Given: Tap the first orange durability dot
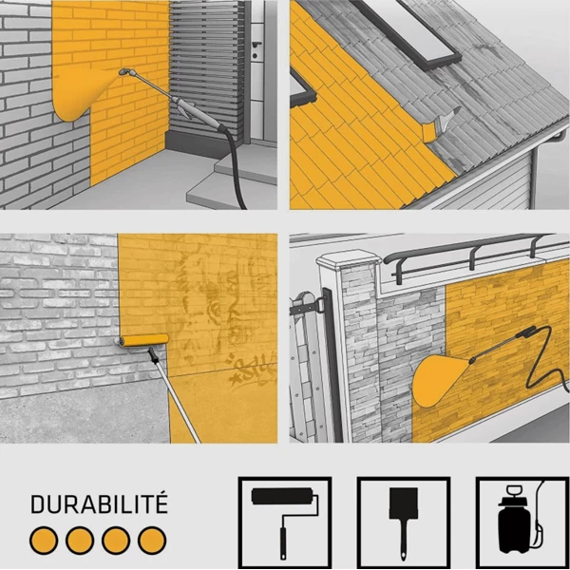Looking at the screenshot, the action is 44,541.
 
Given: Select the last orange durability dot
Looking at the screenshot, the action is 152,541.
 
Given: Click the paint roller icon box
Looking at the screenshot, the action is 285,522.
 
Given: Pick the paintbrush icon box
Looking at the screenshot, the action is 404,522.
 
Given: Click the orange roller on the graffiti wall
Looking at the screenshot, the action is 144,340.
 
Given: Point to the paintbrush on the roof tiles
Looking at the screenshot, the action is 441,125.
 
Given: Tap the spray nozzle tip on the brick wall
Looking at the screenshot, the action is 123,72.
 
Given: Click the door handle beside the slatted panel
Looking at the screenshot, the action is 256,45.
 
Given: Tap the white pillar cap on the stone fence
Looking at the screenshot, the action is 349,257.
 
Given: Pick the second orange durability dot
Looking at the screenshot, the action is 80,541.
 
